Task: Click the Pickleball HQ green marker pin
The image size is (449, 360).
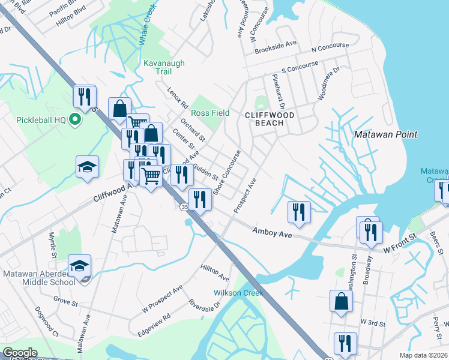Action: [76, 119]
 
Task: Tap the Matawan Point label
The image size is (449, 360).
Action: [385, 134]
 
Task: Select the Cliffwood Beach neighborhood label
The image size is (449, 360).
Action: [264, 118]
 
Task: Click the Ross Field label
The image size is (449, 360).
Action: [210, 113]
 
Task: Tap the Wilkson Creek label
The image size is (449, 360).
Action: [238, 293]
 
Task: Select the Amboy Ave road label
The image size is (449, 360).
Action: [272, 233]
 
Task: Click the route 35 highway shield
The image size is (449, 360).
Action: [184, 207]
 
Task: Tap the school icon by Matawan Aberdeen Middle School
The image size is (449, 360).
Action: [79, 266]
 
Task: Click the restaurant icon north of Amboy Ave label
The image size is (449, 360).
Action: [298, 212]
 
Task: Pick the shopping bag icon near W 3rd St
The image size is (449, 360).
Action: [340, 302]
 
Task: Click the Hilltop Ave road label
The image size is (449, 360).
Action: [215, 274]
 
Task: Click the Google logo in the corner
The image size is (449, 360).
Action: [20, 353]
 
